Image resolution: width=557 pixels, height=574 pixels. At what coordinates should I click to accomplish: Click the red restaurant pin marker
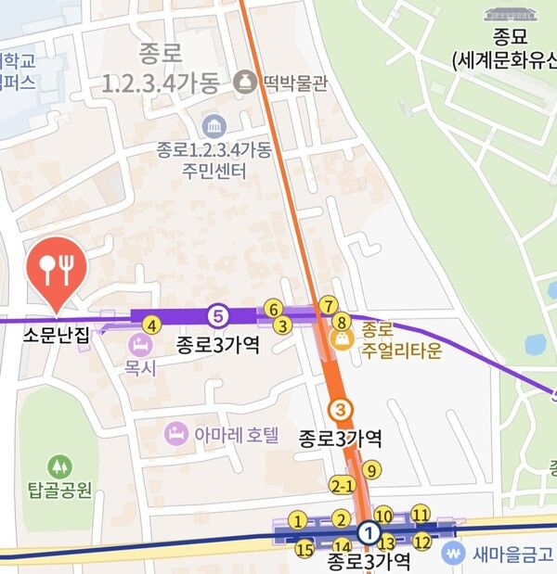pos(58,268)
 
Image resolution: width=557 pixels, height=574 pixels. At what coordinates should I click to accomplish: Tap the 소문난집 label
pos(57,336)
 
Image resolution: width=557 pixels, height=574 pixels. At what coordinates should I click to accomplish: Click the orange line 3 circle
pos(342,409)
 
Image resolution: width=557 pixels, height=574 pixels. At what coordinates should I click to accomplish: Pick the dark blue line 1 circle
pos(369,533)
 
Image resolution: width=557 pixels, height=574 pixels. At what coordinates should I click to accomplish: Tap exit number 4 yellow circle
pos(152,325)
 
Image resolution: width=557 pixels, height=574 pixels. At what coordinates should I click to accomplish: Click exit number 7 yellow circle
pos(328,305)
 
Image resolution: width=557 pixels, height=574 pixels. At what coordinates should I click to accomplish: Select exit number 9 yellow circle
pos(371,470)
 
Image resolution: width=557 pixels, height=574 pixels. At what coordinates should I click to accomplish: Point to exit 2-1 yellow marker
pos(343,486)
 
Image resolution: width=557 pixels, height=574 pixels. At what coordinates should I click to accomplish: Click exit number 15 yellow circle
pos(304,549)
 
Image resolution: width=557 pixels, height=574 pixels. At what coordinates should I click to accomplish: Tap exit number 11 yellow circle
pos(421,514)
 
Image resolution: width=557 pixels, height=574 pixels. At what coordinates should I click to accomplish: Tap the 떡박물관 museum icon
pos(245,82)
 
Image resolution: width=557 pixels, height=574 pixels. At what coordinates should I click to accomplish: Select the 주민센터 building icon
pos(214,125)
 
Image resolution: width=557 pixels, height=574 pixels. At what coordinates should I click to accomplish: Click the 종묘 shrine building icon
pos(505,16)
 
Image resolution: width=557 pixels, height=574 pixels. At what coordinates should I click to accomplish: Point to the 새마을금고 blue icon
pos(453,555)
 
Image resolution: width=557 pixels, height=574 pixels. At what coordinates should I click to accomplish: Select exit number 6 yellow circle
pos(273,308)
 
